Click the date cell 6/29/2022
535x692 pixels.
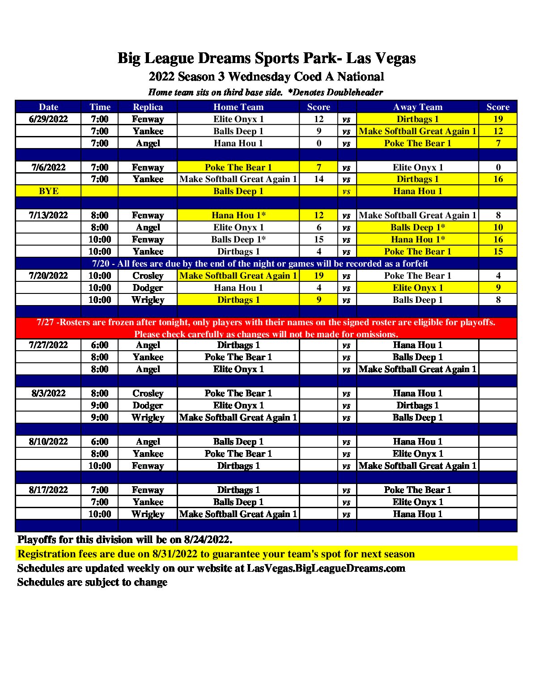coord(48,119)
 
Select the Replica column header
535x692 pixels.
coord(148,107)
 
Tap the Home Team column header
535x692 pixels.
coord(238,107)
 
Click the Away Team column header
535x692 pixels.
coord(417,107)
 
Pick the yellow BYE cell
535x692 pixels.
coord(48,191)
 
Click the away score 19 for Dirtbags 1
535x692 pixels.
coord(498,119)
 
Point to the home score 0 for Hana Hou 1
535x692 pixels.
coord(318,143)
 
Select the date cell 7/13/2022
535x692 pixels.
coord(48,215)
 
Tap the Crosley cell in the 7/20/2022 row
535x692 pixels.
coord(148,276)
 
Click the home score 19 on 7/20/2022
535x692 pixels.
coord(318,276)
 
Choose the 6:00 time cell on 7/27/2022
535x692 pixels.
coord(99,345)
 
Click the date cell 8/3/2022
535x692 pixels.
coord(48,393)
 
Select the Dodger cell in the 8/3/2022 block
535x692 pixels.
coord(148,405)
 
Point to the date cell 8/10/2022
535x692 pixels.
coord(48,442)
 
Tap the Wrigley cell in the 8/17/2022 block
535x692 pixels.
coord(148,514)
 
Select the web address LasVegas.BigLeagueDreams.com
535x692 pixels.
coord(326,568)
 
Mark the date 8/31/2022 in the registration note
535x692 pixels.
coord(174,554)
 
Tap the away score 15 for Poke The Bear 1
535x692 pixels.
coord(498,251)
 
